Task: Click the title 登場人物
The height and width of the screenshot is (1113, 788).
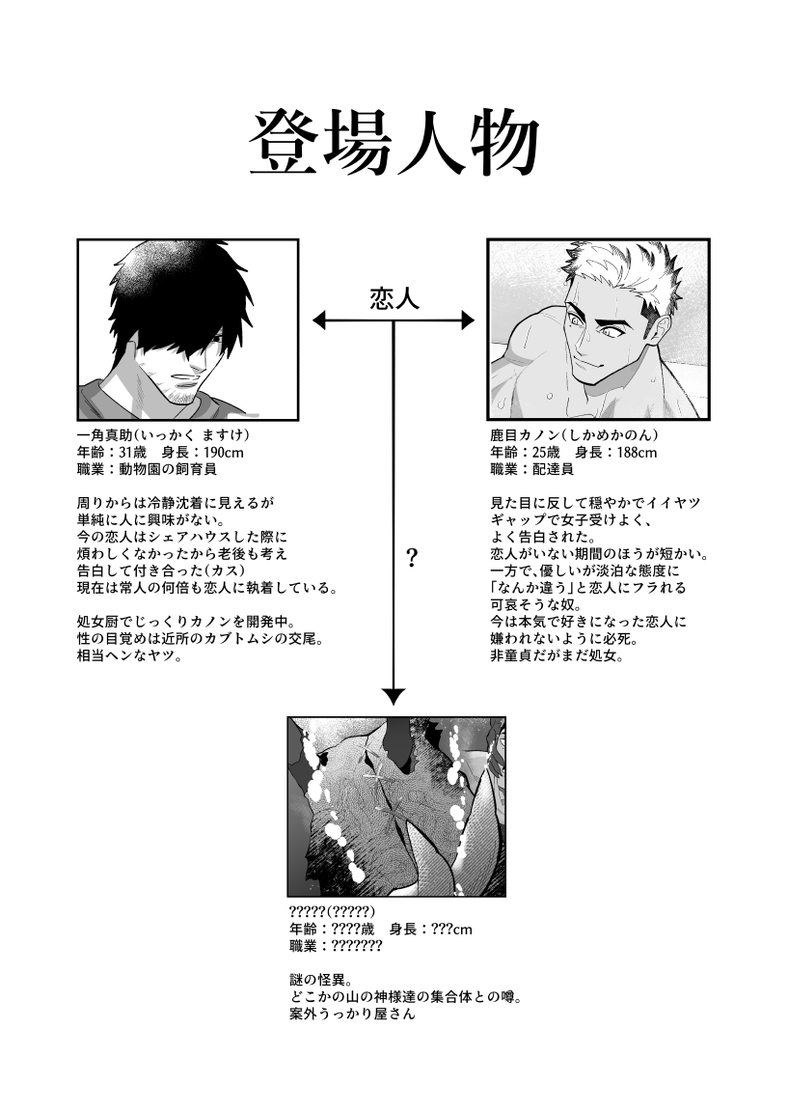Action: pyautogui.click(x=394, y=145)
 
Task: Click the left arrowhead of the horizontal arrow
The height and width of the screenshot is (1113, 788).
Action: pyautogui.click(x=319, y=320)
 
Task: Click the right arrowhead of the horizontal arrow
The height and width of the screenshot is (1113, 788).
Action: pyautogui.click(x=468, y=320)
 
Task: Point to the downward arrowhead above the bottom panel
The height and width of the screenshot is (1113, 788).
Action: pyautogui.click(x=394, y=696)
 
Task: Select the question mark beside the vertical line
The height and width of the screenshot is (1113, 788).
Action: pyautogui.click(x=412, y=559)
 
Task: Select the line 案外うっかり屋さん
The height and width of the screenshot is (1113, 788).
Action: pyautogui.click(x=352, y=1015)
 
